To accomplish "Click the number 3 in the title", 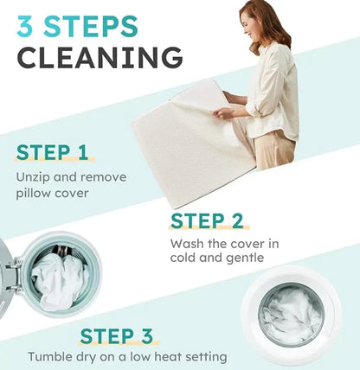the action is pyautogui.click(x=25, y=27).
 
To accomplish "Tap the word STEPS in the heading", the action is pyautogui.click(x=91, y=27).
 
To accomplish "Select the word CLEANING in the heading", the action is pyautogui.click(x=100, y=57).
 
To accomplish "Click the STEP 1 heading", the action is pyautogui.click(x=52, y=152).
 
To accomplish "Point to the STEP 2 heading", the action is pyautogui.click(x=207, y=221).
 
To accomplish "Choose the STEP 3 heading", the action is pyautogui.click(x=116, y=336).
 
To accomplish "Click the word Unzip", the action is pyautogui.click(x=33, y=177).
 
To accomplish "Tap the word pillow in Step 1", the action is pyautogui.click(x=33, y=194).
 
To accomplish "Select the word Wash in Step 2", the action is pyautogui.click(x=187, y=244).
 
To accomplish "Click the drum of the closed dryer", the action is pyautogui.click(x=291, y=314).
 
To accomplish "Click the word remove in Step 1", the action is pyautogui.click(x=103, y=177).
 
